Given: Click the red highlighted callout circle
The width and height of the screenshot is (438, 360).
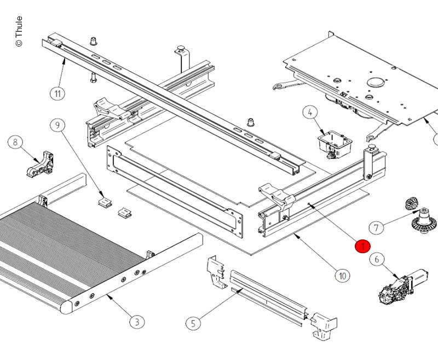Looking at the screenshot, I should (362, 247).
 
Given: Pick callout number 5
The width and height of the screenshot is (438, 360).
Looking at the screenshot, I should (193, 323).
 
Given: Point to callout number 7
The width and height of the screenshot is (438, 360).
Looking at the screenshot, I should (376, 226).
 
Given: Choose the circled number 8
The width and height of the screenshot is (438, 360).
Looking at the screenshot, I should (15, 143).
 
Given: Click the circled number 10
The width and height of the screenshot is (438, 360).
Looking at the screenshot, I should (342, 275).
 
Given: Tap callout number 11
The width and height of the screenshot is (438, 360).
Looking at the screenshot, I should (58, 93).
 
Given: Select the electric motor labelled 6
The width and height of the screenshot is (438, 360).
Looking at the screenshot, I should (402, 285).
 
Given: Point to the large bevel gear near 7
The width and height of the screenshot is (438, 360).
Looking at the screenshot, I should (423, 220).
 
